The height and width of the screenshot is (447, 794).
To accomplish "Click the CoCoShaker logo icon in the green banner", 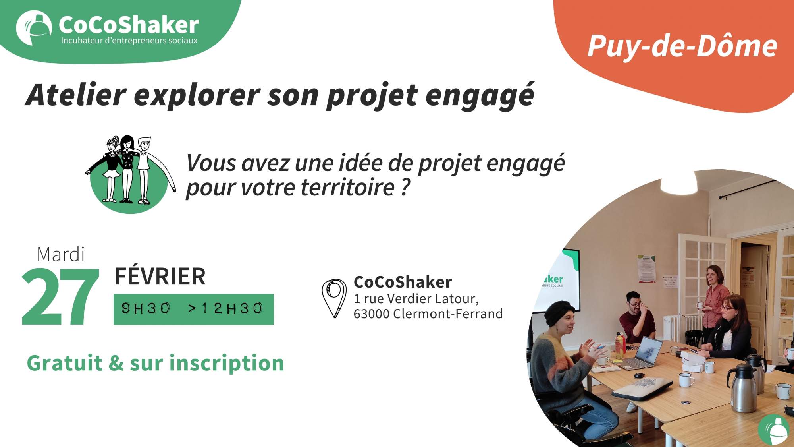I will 34,27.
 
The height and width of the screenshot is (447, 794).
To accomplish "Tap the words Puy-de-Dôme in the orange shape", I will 682,46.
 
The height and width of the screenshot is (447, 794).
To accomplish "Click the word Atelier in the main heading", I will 76,95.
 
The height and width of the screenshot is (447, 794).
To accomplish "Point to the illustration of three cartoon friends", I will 129,173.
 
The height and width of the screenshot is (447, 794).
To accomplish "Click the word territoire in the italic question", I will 347,187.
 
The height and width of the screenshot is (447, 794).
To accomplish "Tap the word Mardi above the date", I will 61,254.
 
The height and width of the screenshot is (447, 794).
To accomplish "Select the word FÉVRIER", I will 160,277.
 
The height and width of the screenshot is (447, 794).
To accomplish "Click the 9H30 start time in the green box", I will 146,308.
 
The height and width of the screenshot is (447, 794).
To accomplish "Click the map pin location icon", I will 334,298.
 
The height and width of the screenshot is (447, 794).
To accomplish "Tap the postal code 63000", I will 371,314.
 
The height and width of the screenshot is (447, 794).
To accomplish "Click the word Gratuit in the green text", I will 64,363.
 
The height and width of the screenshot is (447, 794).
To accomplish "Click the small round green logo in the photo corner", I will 774,430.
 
